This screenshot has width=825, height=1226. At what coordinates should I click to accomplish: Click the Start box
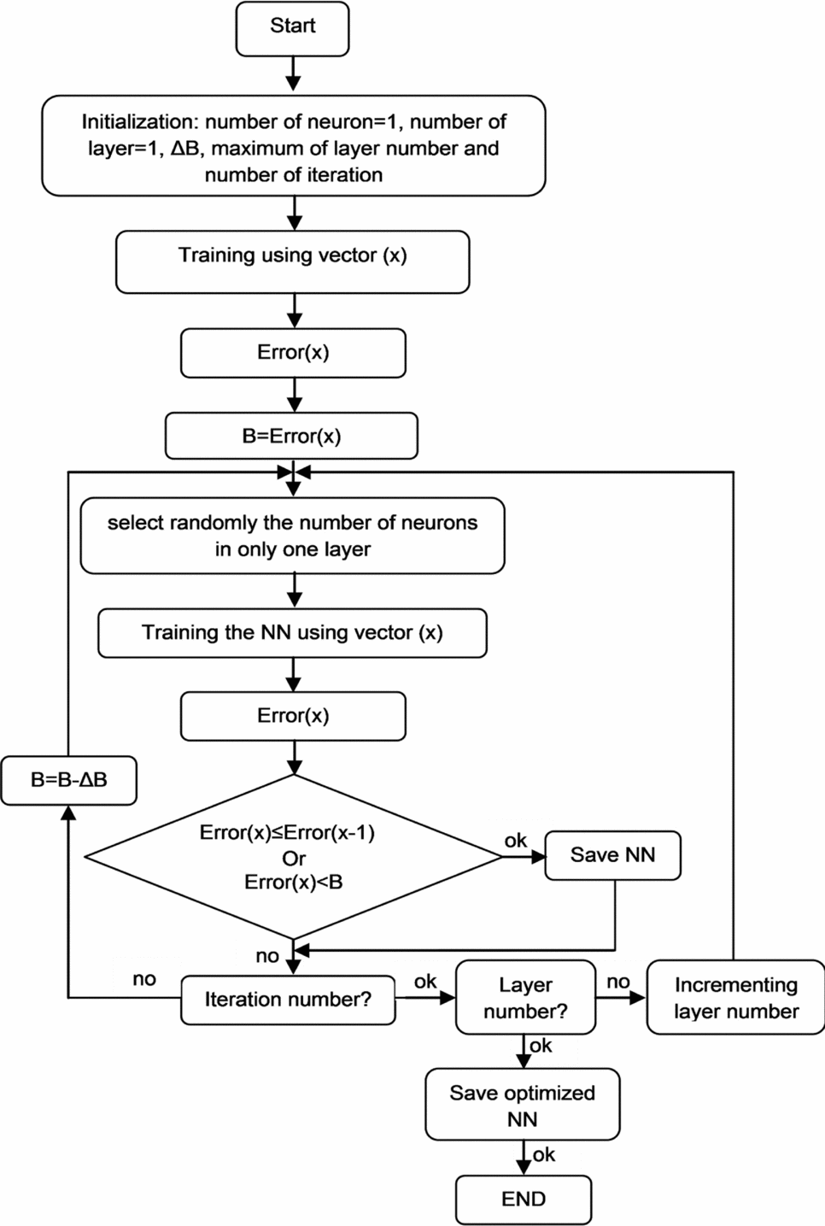click(292, 28)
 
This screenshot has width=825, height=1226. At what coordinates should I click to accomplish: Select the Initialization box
click(293, 146)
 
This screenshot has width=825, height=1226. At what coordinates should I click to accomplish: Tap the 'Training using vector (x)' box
click(292, 261)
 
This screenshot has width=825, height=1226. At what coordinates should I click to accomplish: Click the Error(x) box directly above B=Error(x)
click(293, 353)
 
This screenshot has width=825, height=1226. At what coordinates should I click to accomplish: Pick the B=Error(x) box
click(291, 437)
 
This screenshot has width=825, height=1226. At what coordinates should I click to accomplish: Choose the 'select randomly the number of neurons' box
click(292, 536)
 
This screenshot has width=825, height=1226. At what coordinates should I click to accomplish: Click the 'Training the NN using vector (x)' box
click(292, 633)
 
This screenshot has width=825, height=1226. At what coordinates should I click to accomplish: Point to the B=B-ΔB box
click(68, 780)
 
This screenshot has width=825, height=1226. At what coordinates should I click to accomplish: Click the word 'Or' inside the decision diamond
click(293, 858)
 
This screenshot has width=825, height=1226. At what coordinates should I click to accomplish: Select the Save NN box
click(612, 855)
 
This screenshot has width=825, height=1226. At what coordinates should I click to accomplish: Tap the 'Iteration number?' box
click(288, 1000)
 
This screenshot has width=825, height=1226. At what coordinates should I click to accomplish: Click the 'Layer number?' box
click(525, 998)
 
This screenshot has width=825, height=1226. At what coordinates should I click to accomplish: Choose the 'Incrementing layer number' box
click(735, 998)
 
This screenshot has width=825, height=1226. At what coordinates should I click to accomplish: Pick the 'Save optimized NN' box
click(522, 1105)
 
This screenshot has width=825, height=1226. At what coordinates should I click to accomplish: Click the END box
click(523, 1200)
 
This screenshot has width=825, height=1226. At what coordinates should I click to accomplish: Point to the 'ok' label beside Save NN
click(515, 841)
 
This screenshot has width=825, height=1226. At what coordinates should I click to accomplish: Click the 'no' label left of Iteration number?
click(144, 979)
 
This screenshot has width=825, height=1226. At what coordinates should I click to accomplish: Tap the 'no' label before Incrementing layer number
click(617, 982)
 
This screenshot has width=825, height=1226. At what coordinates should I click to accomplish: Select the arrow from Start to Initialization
click(293, 74)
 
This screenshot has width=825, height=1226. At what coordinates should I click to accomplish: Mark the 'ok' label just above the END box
click(544, 1155)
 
